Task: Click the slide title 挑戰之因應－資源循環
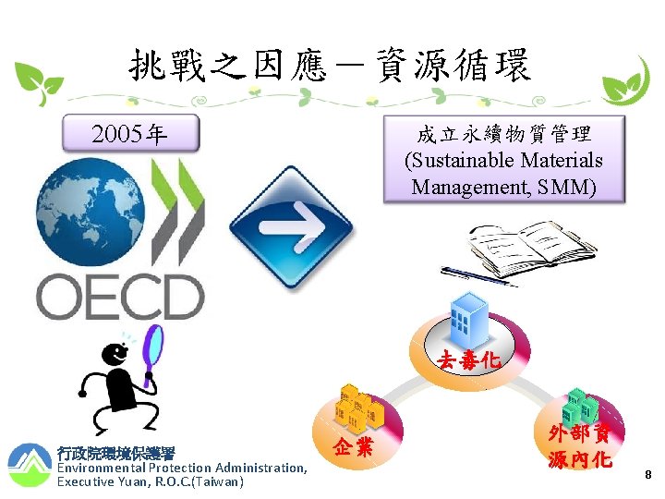click(330, 67)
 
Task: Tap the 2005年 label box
click(129, 135)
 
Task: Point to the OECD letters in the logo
click(120, 297)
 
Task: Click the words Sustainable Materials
click(504, 161)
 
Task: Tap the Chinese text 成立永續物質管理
click(504, 134)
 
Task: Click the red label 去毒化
click(469, 360)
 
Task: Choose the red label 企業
click(354, 448)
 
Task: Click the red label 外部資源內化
click(580, 446)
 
